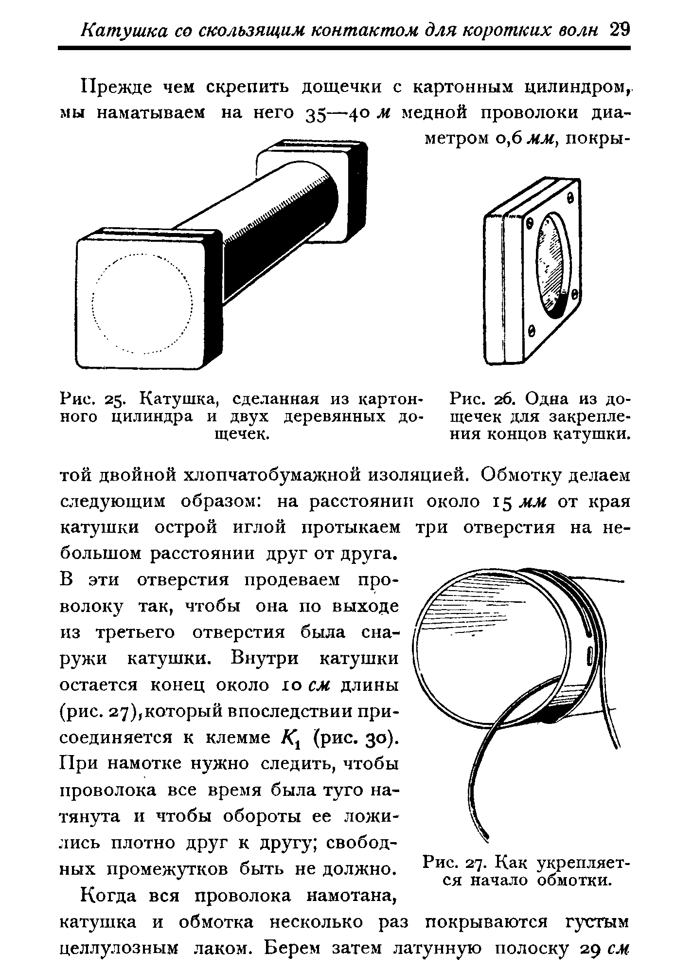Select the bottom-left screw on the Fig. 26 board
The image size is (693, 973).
532,331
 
